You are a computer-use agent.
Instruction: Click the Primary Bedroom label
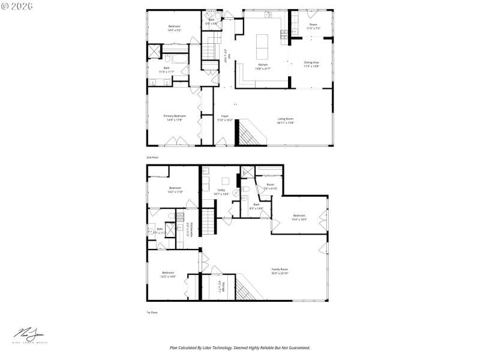click(x=175, y=118)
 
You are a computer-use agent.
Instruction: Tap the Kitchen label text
click(x=263, y=66)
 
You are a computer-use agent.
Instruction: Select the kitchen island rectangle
click(x=263, y=44)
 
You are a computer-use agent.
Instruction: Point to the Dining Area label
click(x=311, y=64)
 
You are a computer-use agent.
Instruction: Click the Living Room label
click(x=285, y=121)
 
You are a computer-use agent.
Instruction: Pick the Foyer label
click(x=225, y=118)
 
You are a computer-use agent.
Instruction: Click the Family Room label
click(x=280, y=271)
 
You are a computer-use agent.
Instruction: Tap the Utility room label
click(x=221, y=192)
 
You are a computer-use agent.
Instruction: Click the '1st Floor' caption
click(x=152, y=313)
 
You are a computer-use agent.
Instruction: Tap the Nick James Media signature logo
click(x=30, y=335)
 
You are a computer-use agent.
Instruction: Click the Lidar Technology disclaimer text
click(x=240, y=347)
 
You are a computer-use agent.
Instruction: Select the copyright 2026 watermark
click(x=17, y=5)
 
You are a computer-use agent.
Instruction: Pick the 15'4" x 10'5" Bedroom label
click(x=299, y=217)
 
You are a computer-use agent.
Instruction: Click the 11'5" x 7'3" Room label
click(x=313, y=26)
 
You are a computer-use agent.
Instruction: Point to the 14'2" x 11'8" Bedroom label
click(x=175, y=190)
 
